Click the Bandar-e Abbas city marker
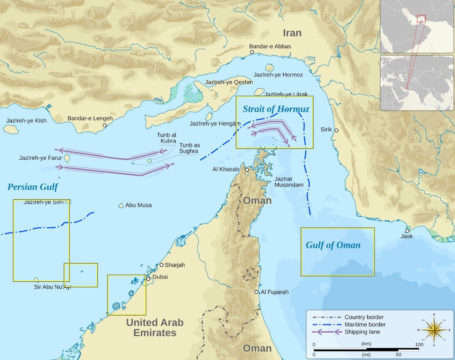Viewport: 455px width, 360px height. [x=252, y=53]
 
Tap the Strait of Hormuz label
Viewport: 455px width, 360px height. [x=276, y=109]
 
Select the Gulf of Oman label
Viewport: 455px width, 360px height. [x=333, y=245]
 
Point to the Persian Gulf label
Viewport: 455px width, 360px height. [x=33, y=187]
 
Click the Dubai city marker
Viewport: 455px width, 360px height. [x=148, y=279]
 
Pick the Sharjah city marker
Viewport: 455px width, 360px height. [x=161, y=265]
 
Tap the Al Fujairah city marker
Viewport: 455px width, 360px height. [x=257, y=292]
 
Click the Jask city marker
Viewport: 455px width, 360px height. [x=407, y=231]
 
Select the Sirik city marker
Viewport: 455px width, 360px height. [x=336, y=130]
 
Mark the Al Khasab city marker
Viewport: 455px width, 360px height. [x=247, y=170]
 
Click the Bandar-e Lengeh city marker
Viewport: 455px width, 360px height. [x=105, y=125]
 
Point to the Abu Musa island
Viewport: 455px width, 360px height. [x=121, y=206]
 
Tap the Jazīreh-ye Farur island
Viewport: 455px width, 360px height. [x=67, y=159]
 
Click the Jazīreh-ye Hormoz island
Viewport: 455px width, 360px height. [x=269, y=68]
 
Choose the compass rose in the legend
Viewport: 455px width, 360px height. [x=434, y=327]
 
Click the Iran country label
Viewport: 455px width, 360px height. [x=292, y=33]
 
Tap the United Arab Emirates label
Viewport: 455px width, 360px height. [x=155, y=328]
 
